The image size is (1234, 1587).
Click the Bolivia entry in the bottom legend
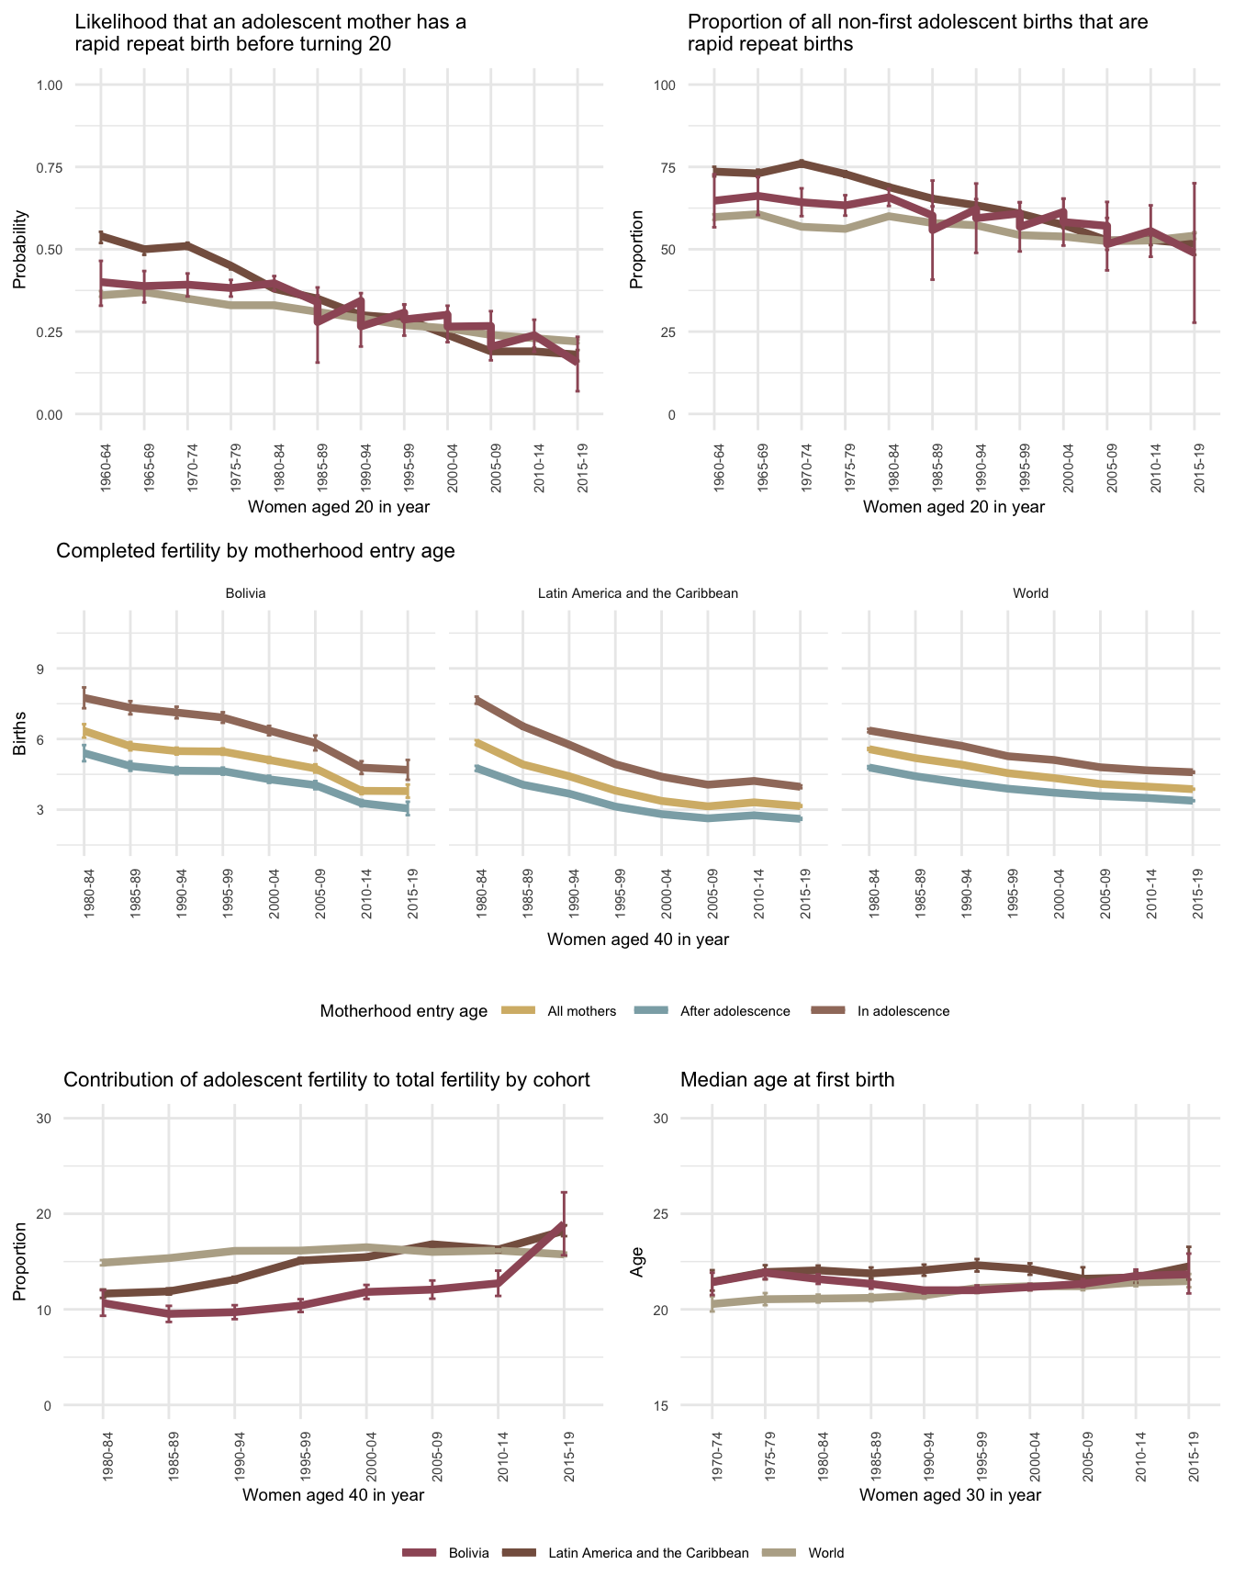point(468,1553)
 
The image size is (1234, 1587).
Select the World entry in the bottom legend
point(825,1553)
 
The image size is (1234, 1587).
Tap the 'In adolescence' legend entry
point(903,1011)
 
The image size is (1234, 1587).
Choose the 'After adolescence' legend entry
point(735,1011)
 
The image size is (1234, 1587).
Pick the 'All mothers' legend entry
point(581,1011)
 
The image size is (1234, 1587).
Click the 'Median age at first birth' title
point(787,1080)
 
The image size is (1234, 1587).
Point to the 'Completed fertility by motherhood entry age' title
point(255,551)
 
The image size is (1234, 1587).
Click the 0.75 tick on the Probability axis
point(49,167)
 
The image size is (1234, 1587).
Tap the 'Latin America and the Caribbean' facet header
point(637,593)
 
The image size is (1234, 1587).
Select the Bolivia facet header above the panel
point(245,593)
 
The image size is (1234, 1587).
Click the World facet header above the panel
point(1030,593)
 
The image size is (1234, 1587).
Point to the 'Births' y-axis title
point(20,738)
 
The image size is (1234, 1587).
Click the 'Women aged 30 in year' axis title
point(950,1494)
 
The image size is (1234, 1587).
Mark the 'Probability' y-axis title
point(20,249)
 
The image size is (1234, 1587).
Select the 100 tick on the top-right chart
point(664,85)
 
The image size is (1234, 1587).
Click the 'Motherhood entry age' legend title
point(404,1011)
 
